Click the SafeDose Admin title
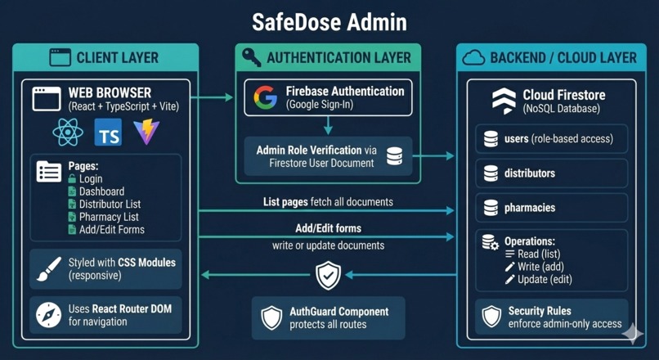pyautogui.click(x=329, y=22)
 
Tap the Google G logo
pyautogui.click(x=265, y=97)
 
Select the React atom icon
pyautogui.click(x=67, y=132)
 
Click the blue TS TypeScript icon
pyautogui.click(x=108, y=132)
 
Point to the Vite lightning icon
pyautogui.click(x=146, y=132)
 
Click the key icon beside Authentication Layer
pyautogui.click(x=251, y=58)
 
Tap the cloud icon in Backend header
pyautogui.click(x=473, y=58)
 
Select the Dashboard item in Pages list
pyautogui.click(x=101, y=191)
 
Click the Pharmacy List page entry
pyautogui.click(x=108, y=217)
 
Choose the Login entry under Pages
pyautogui.click(x=90, y=178)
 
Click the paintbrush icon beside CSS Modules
pyautogui.click(x=49, y=269)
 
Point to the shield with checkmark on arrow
pyautogui.click(x=328, y=276)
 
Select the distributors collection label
pyautogui.click(x=529, y=173)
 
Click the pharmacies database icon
pyautogui.click(x=491, y=208)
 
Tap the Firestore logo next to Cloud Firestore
pyautogui.click(x=504, y=101)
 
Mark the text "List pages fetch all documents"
pyautogui.click(x=328, y=201)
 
